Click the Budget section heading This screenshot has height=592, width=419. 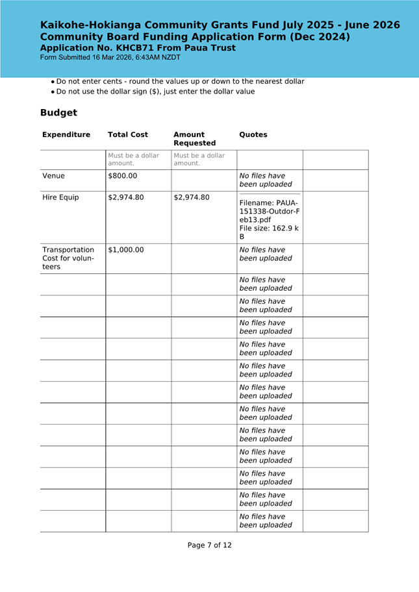58,113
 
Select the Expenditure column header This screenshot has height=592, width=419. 66,135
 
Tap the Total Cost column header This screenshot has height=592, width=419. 128,135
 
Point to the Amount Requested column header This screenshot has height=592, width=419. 194,139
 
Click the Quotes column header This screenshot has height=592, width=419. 253,135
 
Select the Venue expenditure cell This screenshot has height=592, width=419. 53,176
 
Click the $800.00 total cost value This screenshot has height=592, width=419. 122,176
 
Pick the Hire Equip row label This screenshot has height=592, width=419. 60,197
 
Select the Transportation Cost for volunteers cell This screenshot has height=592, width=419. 68,258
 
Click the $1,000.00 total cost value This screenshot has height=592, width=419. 126,250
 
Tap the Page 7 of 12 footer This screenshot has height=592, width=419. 209,545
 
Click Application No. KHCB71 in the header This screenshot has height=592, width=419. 138,48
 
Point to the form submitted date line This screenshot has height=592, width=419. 110,58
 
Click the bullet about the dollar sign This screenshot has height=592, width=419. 155,92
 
